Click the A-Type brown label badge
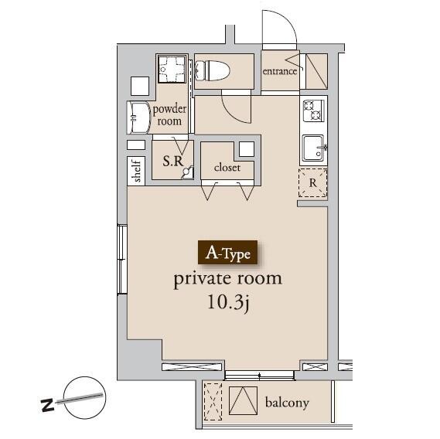(x=227, y=253)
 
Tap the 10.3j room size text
(x=228, y=303)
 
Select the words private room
(x=227, y=279)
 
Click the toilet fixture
(x=212, y=70)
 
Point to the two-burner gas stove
(x=313, y=111)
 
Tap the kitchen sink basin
(x=314, y=148)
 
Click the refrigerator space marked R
(x=312, y=182)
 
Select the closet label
(x=227, y=168)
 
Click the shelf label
(x=137, y=171)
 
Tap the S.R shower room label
(x=173, y=161)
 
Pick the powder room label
(x=169, y=115)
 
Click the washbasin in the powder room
(x=138, y=117)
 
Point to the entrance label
(x=279, y=71)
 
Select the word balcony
(x=287, y=403)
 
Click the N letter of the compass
(x=48, y=404)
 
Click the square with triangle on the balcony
(x=243, y=400)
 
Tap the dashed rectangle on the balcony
(x=213, y=402)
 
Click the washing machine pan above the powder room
(x=172, y=69)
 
